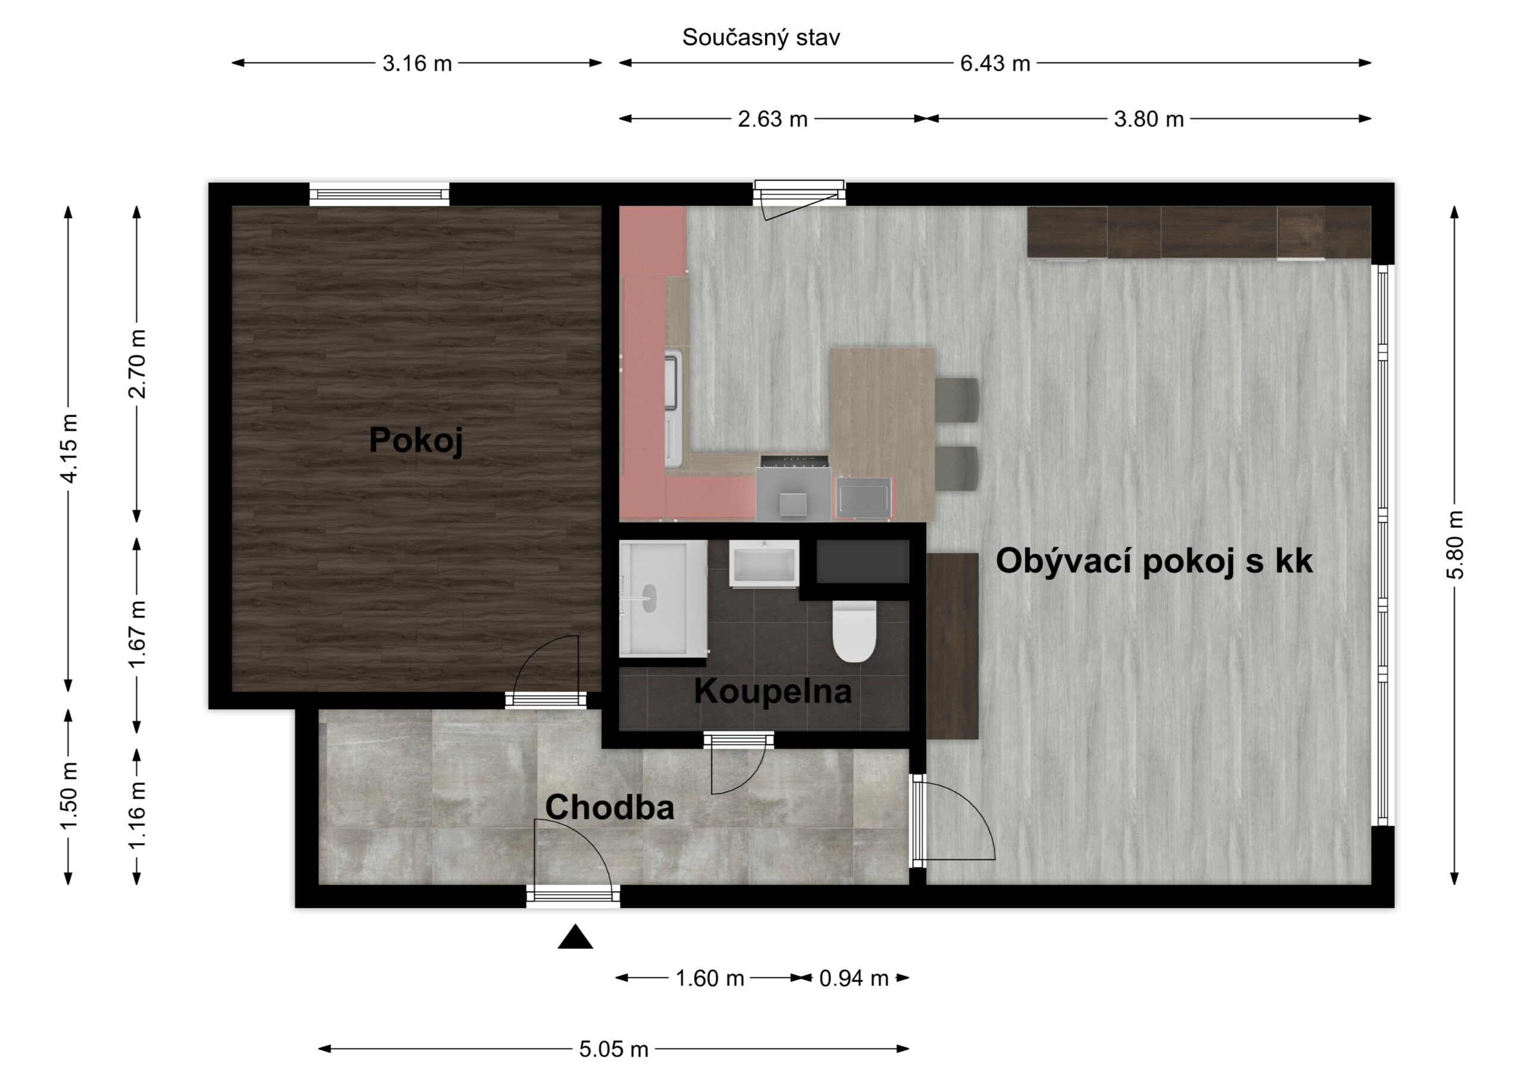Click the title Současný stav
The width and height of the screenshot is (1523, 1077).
coord(761,38)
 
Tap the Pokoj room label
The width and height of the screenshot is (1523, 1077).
coord(416,440)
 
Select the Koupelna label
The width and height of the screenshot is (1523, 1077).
coord(773,691)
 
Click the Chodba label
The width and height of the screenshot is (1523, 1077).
coord(610,807)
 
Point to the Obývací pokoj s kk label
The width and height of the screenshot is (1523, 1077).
coord(1154,561)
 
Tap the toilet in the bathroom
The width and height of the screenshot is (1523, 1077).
coord(854,631)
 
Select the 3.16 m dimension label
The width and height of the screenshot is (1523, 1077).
coord(417,64)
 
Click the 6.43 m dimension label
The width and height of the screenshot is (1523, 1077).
coord(995,64)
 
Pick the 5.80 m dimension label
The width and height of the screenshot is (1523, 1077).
coord(1455,545)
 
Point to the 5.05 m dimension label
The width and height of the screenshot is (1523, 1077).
coord(613,1049)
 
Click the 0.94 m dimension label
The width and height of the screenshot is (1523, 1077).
coord(854,978)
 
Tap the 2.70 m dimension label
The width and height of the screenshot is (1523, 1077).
coord(137,364)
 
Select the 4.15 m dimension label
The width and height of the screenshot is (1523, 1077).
coord(68,448)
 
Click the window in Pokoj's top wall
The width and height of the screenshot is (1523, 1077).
coord(380,194)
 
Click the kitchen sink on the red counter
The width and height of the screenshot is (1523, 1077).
coord(673,381)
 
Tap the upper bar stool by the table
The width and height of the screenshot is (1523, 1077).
coord(957,399)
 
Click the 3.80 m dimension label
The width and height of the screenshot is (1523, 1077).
coord(1149,120)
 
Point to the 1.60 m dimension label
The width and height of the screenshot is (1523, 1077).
coord(710,978)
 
